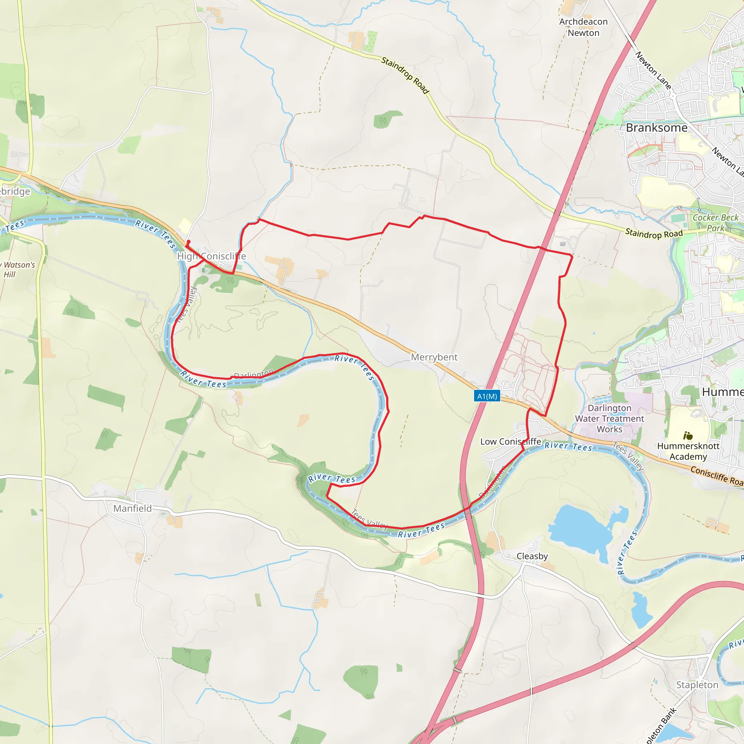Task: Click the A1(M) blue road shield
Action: (487, 396)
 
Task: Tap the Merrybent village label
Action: (434, 357)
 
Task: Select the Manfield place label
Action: (133, 508)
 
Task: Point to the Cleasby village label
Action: (532, 556)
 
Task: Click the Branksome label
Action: (656, 128)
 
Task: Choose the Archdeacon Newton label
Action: (583, 27)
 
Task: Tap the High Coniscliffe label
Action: (211, 256)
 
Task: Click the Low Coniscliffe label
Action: (511, 441)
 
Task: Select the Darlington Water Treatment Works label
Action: (610, 418)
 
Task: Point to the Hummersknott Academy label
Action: (688, 451)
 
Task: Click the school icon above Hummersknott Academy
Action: (688, 436)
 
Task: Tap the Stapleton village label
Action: (697, 685)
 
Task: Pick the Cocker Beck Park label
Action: (716, 223)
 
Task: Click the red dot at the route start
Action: (188, 242)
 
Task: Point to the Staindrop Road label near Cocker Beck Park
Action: (654, 233)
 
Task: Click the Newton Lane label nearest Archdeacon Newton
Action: (653, 70)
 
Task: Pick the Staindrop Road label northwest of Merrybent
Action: (405, 75)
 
